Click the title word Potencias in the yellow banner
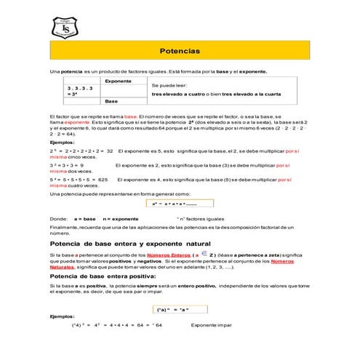pos(180,52)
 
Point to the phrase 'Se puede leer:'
pos(167,85)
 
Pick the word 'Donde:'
pos(57,218)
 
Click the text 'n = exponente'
pos(121,218)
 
